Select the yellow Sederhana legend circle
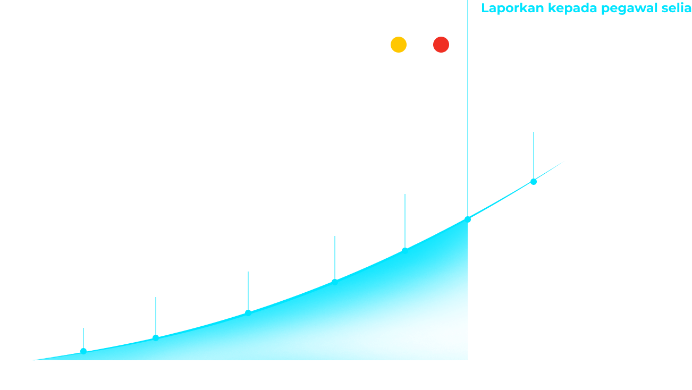click(x=399, y=45)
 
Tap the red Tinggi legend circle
click(x=441, y=45)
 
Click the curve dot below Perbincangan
click(x=83, y=351)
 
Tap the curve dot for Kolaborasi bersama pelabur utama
click(x=156, y=337)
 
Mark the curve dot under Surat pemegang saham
click(x=248, y=312)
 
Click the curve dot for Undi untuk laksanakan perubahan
click(x=404, y=249)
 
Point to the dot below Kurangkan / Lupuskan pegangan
click(x=534, y=182)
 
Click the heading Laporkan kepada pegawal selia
click(x=586, y=9)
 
